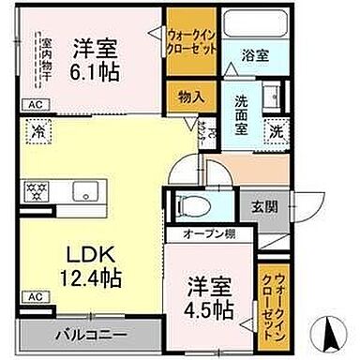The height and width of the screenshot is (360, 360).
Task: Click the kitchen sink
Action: (85, 190)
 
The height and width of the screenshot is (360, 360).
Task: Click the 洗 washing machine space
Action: (277, 132)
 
